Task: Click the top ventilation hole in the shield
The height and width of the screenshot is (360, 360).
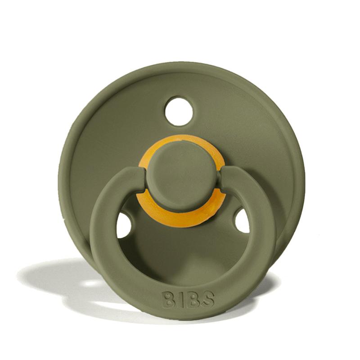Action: (x=179, y=111)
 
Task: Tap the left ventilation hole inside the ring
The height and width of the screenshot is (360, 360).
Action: (x=124, y=225)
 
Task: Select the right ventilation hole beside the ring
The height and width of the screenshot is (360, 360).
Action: (x=242, y=220)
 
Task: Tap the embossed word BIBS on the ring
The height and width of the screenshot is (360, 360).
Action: (x=188, y=299)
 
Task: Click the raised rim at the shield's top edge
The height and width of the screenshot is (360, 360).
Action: (x=180, y=67)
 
